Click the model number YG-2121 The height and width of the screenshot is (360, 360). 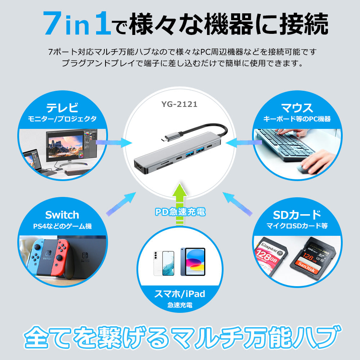pos(179,104)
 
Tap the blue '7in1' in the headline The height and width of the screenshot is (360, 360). pos(77,23)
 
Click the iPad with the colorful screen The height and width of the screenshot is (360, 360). pos(193,261)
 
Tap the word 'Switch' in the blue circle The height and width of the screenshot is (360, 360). pos(62,215)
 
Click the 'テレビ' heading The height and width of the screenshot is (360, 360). pos(62,107)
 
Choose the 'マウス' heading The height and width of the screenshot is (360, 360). pos(297,108)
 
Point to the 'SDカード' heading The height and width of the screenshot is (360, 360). pos(297,215)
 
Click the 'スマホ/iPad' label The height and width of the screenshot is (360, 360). pos(180,294)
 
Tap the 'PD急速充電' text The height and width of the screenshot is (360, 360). pos(180,212)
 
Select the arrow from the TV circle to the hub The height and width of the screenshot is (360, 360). pos(114,143)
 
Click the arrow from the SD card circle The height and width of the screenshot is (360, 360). pos(237,204)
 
